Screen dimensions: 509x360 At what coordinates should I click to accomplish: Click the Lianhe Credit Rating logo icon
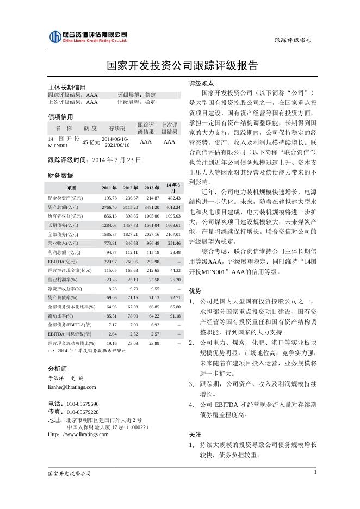[x=55, y=36]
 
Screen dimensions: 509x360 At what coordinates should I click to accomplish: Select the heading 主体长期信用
[x=67, y=88]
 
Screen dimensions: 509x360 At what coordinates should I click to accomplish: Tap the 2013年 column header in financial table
[x=152, y=188]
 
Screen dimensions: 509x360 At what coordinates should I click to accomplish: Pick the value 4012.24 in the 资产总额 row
[x=173, y=207]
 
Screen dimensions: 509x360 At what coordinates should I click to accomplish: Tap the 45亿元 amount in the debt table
[x=91, y=142]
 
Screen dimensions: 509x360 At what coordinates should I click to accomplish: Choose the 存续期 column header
[x=117, y=128]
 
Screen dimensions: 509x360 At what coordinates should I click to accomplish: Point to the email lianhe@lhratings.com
[x=72, y=387]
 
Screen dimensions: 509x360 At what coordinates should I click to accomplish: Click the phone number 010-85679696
[x=83, y=404]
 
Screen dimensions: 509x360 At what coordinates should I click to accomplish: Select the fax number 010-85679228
[x=83, y=412]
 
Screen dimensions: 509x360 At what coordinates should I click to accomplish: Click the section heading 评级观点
[x=198, y=84]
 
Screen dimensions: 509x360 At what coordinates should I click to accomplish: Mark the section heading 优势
[x=195, y=291]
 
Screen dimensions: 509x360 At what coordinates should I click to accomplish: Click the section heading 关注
[x=195, y=435]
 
